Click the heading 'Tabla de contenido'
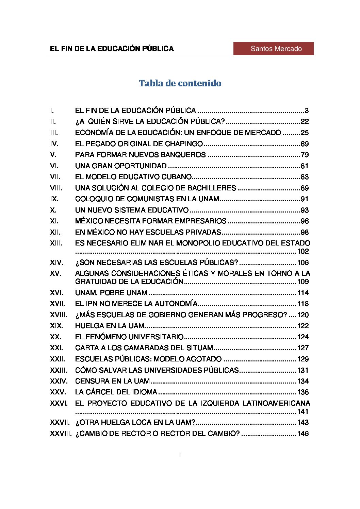tap(180, 83)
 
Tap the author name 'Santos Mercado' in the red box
tap(276, 49)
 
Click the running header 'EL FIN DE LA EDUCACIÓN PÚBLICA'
tap(112, 49)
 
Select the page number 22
tap(305, 121)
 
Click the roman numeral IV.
tap(54, 144)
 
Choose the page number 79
tap(305, 155)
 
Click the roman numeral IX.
tap(54, 199)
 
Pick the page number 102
tap(303, 252)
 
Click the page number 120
tap(303, 315)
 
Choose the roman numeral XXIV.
tap(59, 381)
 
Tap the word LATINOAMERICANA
tap(276, 403)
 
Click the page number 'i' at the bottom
tap(180, 455)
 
